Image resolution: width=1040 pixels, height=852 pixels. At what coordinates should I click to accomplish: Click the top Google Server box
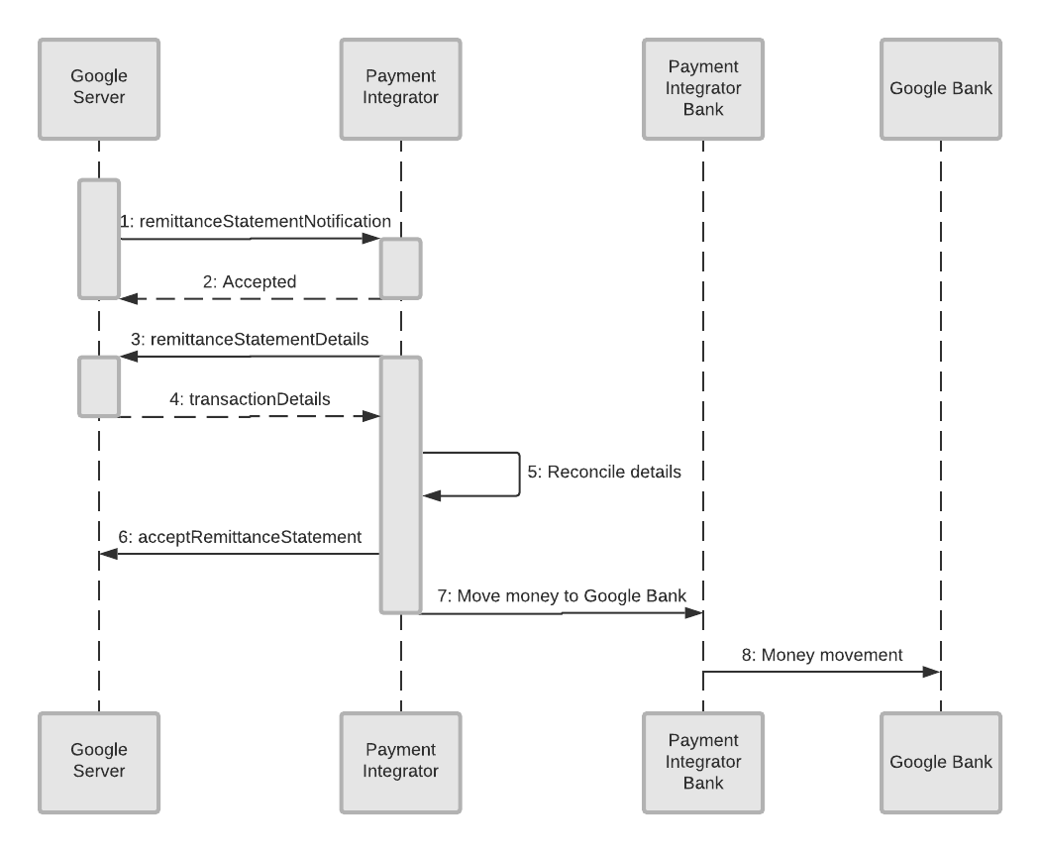(99, 88)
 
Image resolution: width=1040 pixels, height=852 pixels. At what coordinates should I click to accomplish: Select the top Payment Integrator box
(401, 88)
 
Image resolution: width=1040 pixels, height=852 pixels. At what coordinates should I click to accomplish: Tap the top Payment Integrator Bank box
(703, 88)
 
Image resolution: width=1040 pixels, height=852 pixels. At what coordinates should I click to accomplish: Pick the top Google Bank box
(941, 88)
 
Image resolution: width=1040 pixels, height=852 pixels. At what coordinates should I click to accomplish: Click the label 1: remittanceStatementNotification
(256, 222)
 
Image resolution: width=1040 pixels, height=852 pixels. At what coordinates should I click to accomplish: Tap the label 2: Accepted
(250, 281)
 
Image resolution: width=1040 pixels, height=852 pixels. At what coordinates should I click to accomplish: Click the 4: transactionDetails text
(250, 398)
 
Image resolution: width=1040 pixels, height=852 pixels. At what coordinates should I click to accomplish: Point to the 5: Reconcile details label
(603, 473)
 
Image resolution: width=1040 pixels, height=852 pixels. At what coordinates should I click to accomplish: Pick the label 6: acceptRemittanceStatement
(240, 536)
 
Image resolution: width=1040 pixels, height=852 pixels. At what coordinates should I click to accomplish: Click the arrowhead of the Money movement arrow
(931, 673)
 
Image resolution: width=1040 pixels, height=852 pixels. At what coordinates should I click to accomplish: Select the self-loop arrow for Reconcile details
(518, 475)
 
